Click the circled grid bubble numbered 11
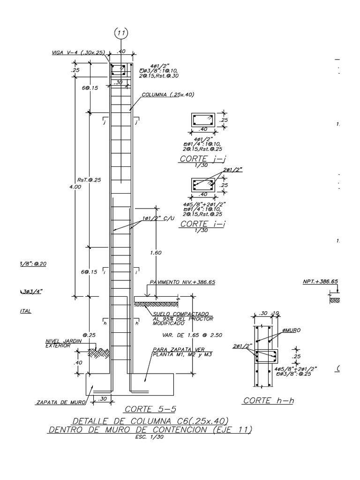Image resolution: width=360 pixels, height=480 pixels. (x=122, y=34)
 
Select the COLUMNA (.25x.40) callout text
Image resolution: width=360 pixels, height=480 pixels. (x=167, y=94)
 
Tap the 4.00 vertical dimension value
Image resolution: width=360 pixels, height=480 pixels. (x=75, y=187)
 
